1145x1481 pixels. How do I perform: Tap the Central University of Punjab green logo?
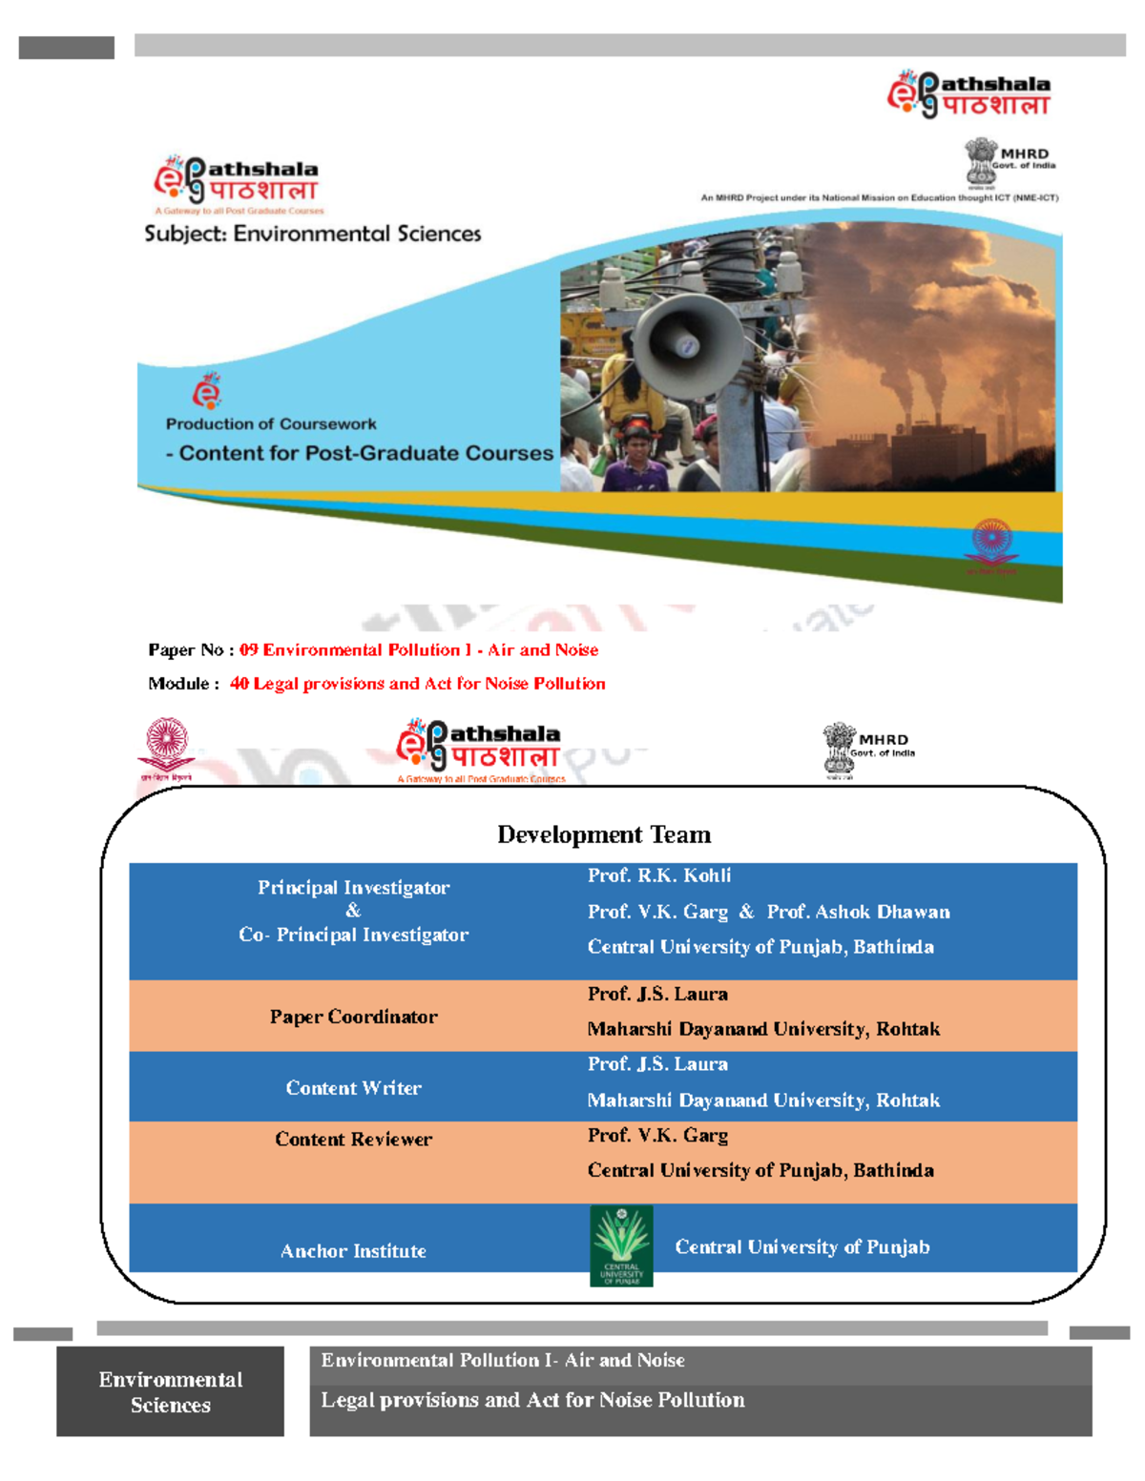(621, 1245)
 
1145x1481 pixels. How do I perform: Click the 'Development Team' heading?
(604, 834)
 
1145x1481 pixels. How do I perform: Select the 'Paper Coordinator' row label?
(353, 1017)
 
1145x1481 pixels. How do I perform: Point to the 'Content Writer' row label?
(353, 1087)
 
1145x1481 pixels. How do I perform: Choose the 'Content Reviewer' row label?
(353, 1139)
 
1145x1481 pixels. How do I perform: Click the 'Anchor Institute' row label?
(353, 1250)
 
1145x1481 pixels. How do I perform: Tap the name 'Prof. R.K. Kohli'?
(659, 875)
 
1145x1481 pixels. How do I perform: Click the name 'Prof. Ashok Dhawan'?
(858, 912)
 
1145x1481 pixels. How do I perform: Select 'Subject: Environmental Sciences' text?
(313, 234)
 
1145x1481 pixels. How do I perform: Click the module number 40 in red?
(239, 684)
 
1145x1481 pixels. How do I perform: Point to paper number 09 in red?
(249, 649)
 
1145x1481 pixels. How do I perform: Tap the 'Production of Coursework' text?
(271, 423)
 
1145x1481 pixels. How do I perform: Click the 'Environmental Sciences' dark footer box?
(170, 1391)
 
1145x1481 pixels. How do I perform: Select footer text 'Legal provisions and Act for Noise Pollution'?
(532, 1400)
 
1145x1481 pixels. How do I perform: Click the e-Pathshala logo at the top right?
(968, 94)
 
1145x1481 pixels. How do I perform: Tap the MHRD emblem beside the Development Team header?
(841, 748)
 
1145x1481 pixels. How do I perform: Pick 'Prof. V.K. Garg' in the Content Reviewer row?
(657, 1135)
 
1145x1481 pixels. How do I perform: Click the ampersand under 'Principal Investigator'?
(353, 911)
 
